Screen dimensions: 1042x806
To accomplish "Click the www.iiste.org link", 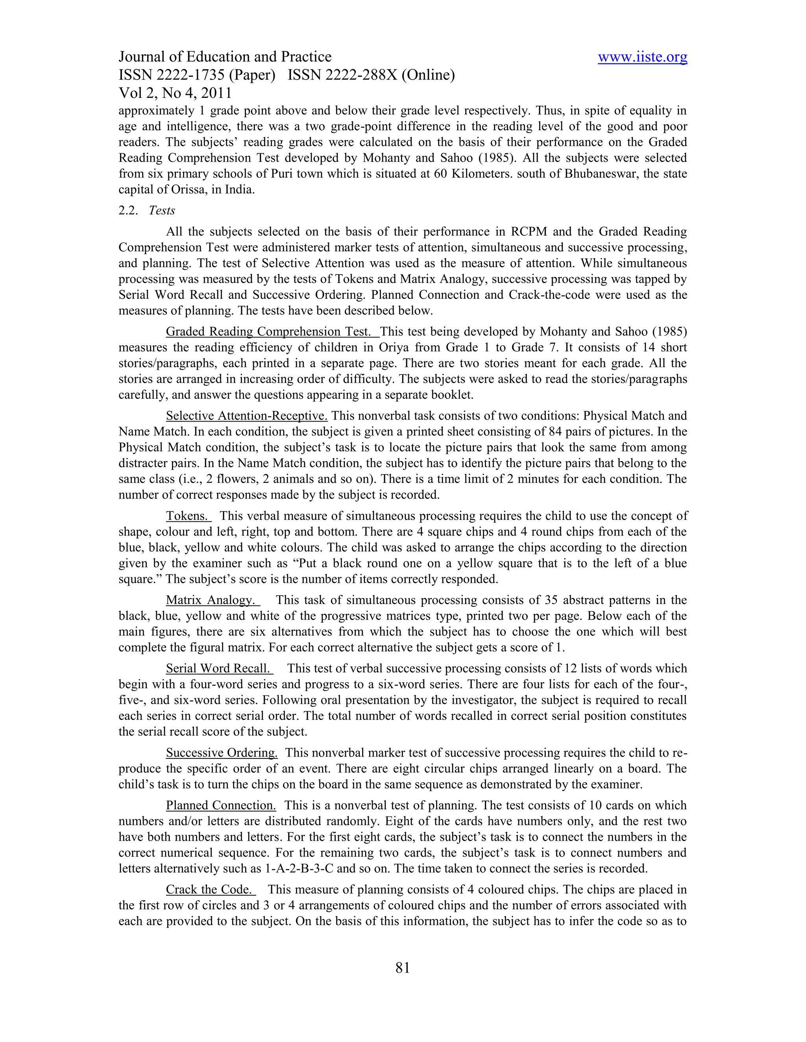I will click(x=642, y=57).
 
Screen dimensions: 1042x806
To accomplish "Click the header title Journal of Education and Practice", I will click(x=225, y=57).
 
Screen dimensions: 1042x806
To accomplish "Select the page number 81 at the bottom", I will click(x=403, y=968).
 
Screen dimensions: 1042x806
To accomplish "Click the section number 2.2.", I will click(x=128, y=210).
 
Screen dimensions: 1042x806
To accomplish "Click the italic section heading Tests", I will click(x=162, y=210).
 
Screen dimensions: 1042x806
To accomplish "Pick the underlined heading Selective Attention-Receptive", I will click(x=246, y=416).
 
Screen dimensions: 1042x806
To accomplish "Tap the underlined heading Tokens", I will click(x=188, y=516).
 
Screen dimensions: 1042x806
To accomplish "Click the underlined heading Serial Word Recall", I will click(x=219, y=668).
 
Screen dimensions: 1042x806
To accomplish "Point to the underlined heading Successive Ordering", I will click(x=222, y=753).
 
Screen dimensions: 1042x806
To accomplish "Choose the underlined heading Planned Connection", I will click(x=221, y=805).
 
